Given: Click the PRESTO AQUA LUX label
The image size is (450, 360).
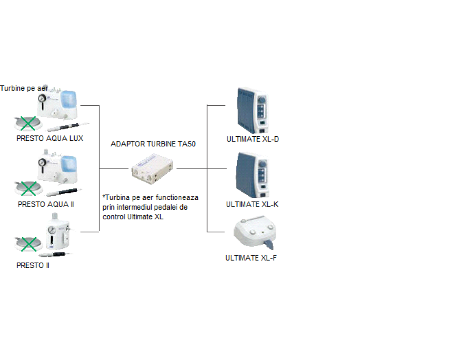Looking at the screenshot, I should (x=50, y=138).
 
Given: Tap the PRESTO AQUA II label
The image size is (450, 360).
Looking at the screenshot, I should (x=46, y=204).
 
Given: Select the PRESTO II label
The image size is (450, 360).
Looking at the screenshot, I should (x=33, y=265).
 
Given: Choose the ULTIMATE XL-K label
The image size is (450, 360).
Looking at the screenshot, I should (x=252, y=204).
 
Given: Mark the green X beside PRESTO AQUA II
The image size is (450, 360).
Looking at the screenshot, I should (x=29, y=188).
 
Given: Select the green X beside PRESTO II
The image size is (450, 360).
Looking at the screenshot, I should (x=29, y=244).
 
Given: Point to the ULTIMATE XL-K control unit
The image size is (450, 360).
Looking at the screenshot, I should (x=252, y=175).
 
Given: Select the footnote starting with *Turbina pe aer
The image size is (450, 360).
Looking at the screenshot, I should (x=150, y=207).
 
